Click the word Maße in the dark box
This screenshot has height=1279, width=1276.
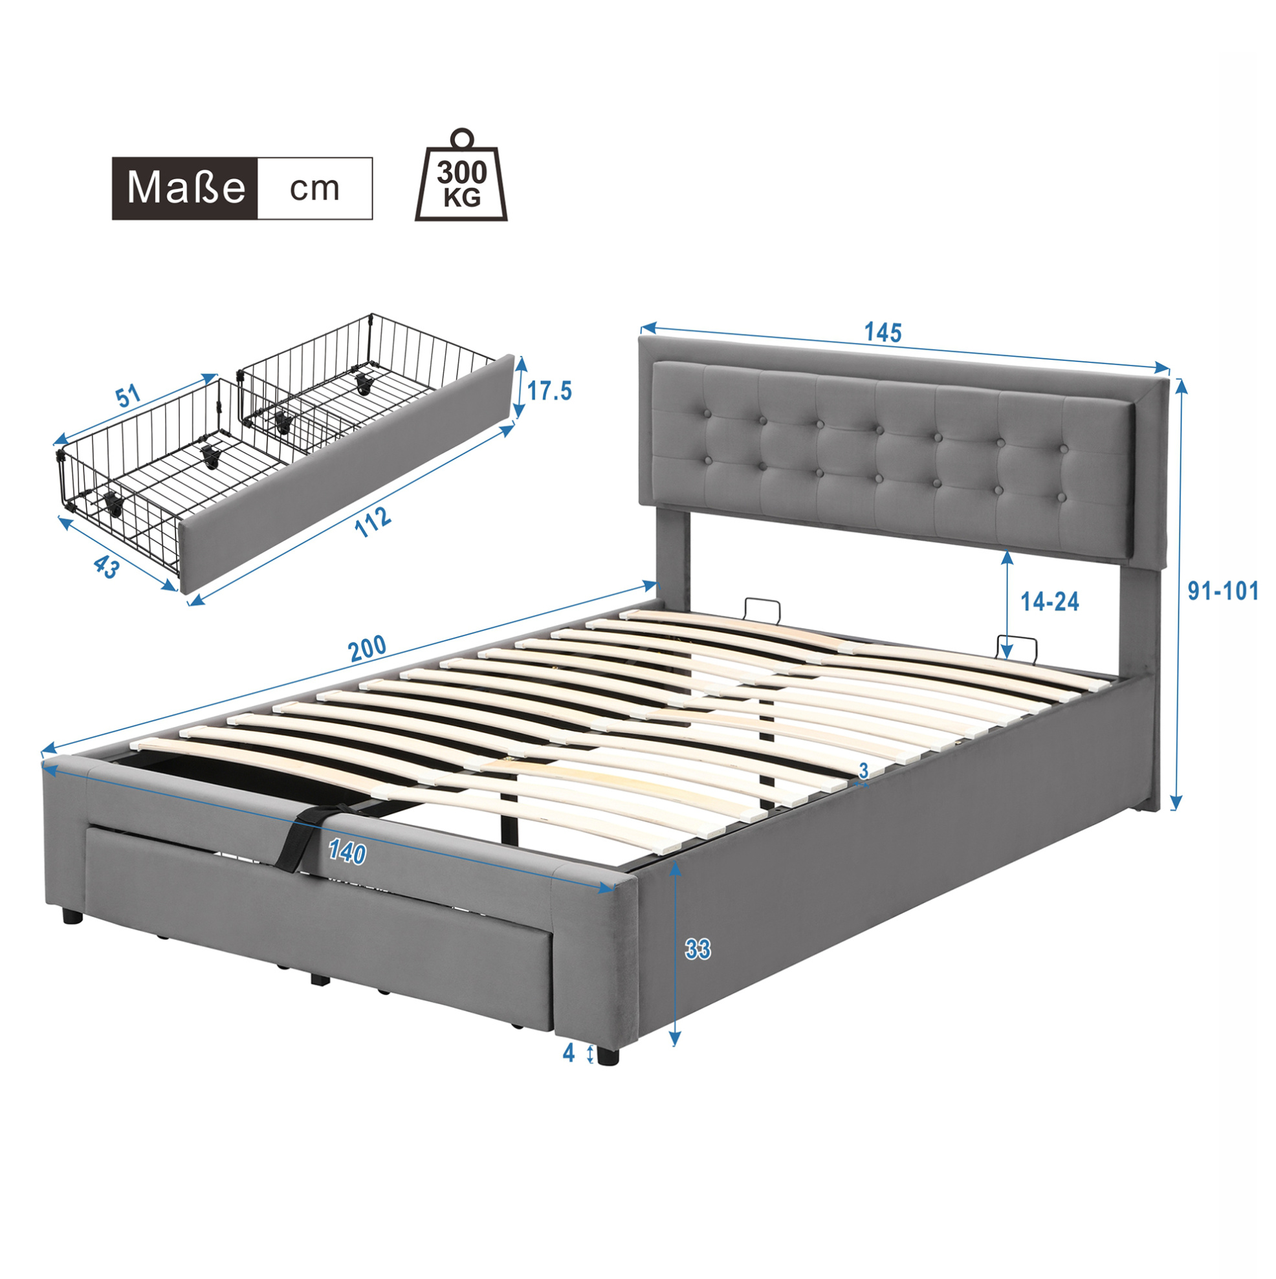click(x=186, y=188)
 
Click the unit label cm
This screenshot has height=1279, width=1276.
click(x=314, y=189)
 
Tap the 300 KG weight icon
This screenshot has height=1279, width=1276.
click(x=461, y=175)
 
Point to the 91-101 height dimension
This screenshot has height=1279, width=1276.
click(x=1223, y=591)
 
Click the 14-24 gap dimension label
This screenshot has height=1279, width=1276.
click(x=1050, y=601)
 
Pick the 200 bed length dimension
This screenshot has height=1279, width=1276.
click(x=368, y=648)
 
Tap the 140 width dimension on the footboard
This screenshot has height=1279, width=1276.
click(x=347, y=853)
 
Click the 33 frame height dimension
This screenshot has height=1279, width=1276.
click(x=698, y=950)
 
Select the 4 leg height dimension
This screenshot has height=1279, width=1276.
click(x=568, y=1053)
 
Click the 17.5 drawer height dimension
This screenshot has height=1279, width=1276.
click(x=549, y=391)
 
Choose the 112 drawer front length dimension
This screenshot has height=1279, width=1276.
click(x=372, y=523)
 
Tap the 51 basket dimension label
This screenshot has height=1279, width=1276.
click(x=129, y=396)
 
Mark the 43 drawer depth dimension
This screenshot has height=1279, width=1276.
click(x=106, y=567)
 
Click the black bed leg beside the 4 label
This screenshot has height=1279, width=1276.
click(x=607, y=1054)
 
